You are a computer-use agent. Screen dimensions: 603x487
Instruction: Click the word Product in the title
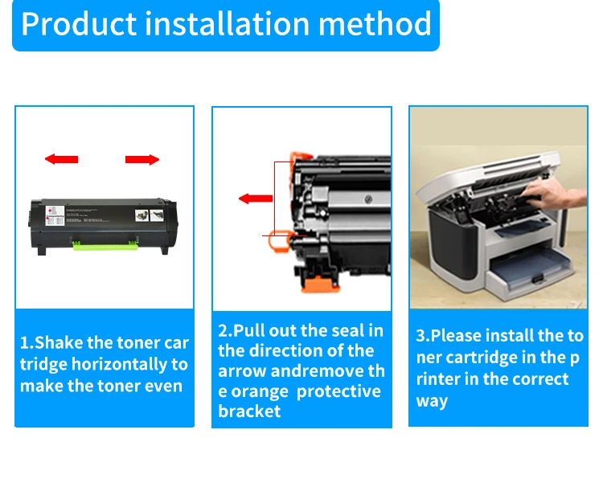tap(76, 24)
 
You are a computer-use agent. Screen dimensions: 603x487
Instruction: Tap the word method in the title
tap(375, 24)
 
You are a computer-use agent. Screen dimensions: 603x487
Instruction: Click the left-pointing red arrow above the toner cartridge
tap(61, 160)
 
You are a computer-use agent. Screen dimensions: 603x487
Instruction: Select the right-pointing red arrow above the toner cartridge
tap(142, 160)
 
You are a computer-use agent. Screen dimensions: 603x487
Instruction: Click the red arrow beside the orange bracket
tap(256, 198)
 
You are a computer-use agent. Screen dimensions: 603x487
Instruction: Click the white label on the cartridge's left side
tap(55, 218)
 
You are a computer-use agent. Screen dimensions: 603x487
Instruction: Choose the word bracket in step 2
tap(249, 411)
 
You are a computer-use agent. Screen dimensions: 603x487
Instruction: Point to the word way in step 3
tap(432, 400)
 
